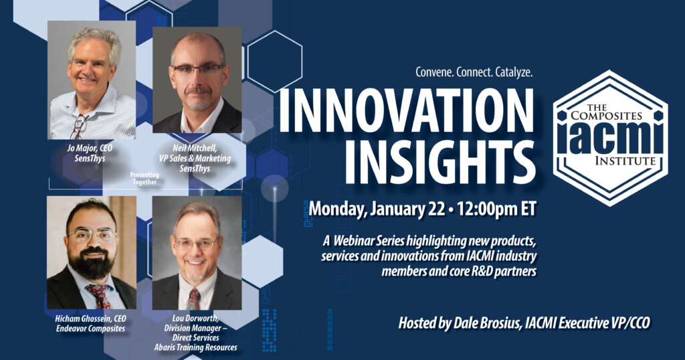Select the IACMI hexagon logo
tap(610, 138)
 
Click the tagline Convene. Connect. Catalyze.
tap(474, 72)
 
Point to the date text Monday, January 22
tap(376, 209)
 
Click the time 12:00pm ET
tap(496, 209)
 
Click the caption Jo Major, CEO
tap(90, 148)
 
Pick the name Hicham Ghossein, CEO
tap(90, 319)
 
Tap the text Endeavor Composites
tap(90, 329)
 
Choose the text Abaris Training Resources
tap(196, 348)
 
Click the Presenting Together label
tap(144, 178)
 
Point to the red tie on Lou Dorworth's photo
tap(193, 299)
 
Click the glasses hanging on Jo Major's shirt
tap(79, 126)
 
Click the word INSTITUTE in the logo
tap(625, 161)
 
